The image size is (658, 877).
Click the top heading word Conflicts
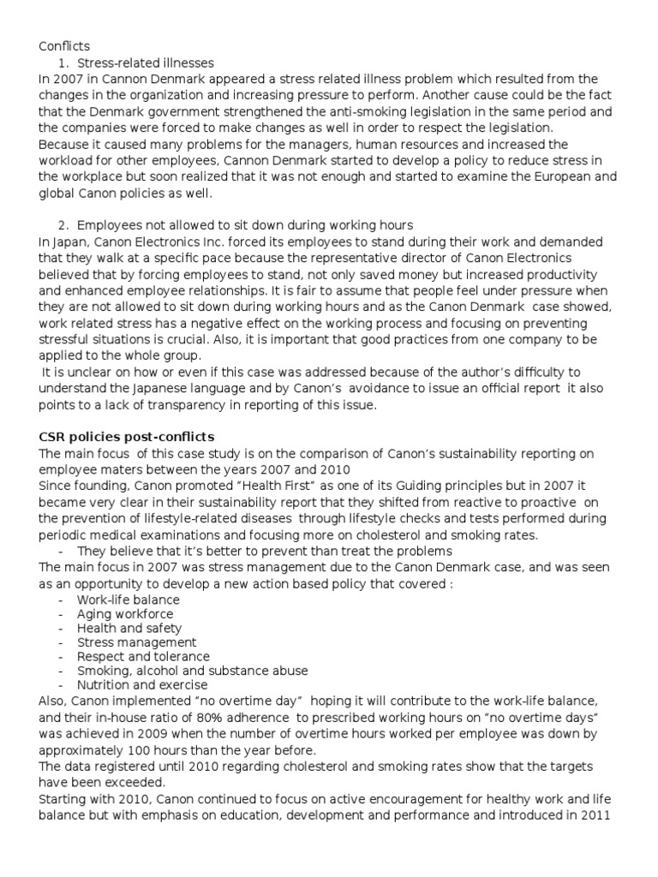(x=64, y=46)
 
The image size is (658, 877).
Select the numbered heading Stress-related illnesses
(x=146, y=63)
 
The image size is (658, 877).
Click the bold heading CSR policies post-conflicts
(x=126, y=436)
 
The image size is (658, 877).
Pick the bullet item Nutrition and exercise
(x=141, y=684)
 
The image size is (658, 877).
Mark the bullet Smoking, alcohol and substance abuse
(x=192, y=671)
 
